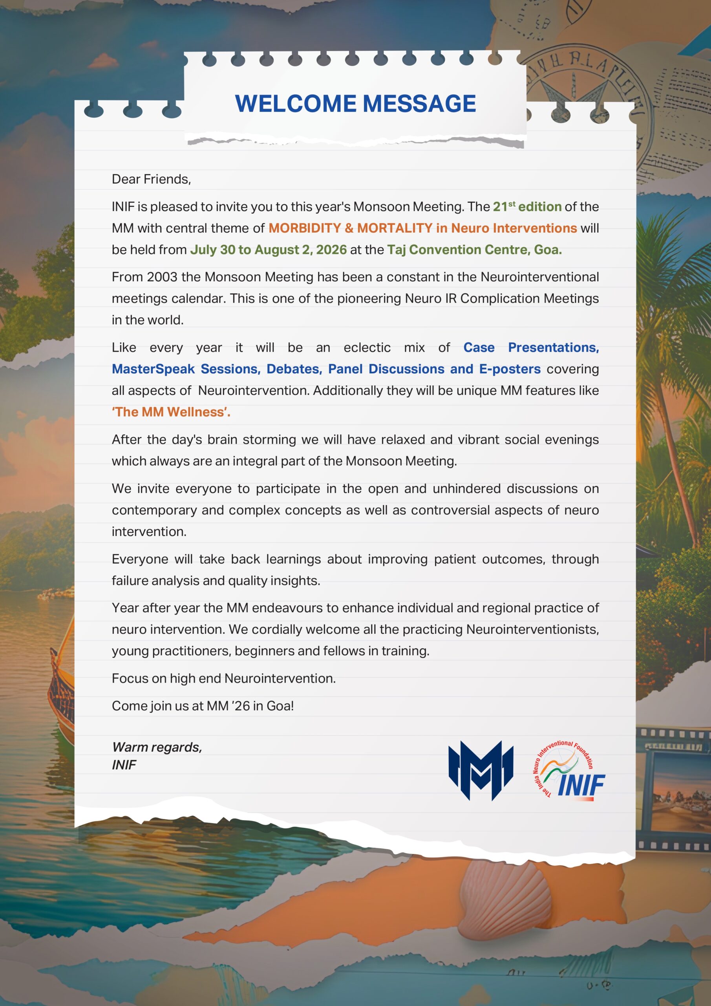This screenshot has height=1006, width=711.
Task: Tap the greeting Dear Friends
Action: click(151, 179)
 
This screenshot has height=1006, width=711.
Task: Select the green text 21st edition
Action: click(527, 206)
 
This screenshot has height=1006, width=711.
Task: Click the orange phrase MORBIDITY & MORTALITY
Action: click(350, 228)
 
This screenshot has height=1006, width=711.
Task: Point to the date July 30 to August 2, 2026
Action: click(268, 250)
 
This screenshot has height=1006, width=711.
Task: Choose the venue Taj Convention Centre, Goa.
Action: click(474, 250)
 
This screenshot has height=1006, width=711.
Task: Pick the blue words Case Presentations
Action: click(531, 347)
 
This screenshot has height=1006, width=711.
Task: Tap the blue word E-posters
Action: click(510, 369)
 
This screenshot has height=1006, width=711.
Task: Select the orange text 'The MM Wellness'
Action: click(171, 412)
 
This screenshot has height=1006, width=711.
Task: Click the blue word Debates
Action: click(294, 369)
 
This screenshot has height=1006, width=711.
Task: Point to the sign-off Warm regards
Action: click(157, 747)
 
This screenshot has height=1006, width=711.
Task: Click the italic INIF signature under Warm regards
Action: click(124, 765)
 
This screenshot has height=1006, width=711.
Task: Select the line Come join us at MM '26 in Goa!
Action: click(202, 706)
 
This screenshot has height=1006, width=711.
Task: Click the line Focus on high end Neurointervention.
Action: click(223, 678)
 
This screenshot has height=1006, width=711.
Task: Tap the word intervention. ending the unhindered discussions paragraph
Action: click(149, 531)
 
